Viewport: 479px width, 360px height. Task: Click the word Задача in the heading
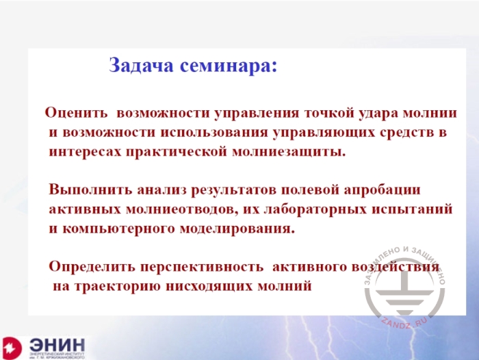[142, 66]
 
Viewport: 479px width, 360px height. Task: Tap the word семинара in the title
[228, 66]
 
